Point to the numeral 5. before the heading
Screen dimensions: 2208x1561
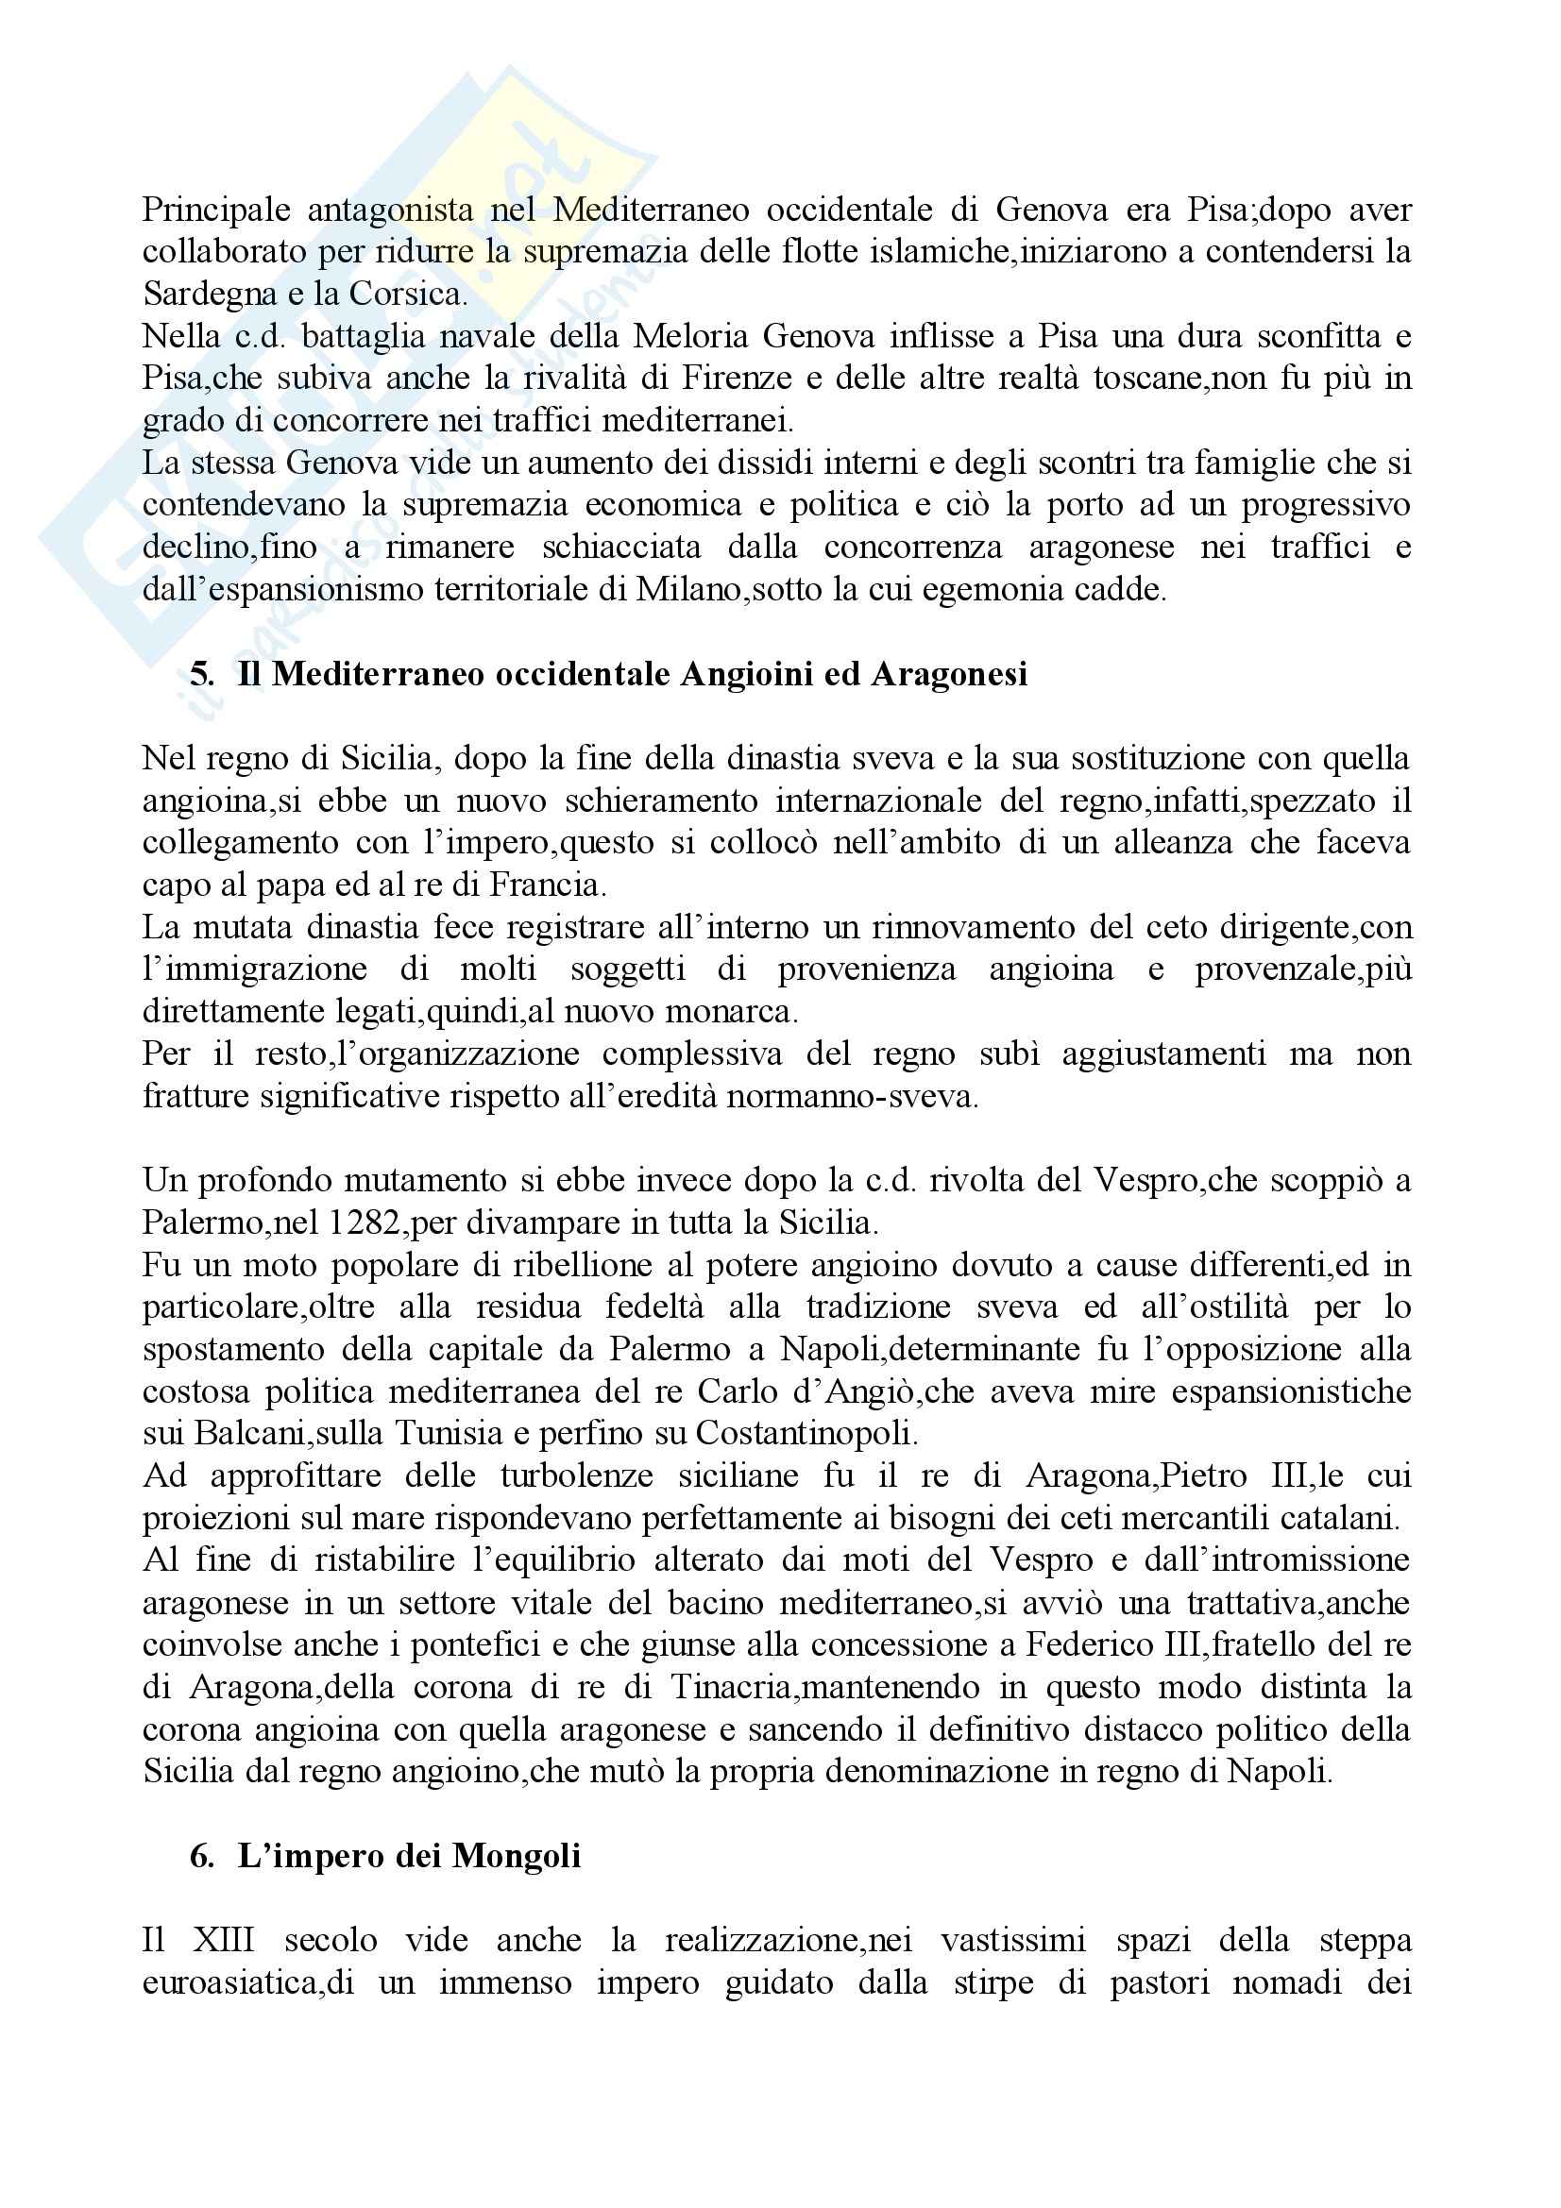(201, 674)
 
